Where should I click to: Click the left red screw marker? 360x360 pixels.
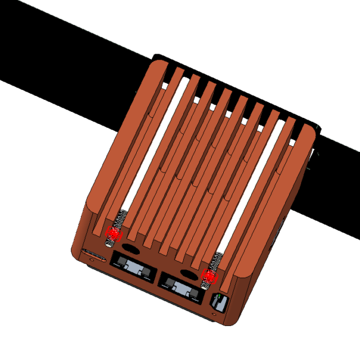tap(112, 234)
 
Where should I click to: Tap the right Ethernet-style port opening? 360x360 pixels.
tap(181, 287)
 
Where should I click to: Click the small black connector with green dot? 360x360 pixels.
tap(219, 302)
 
